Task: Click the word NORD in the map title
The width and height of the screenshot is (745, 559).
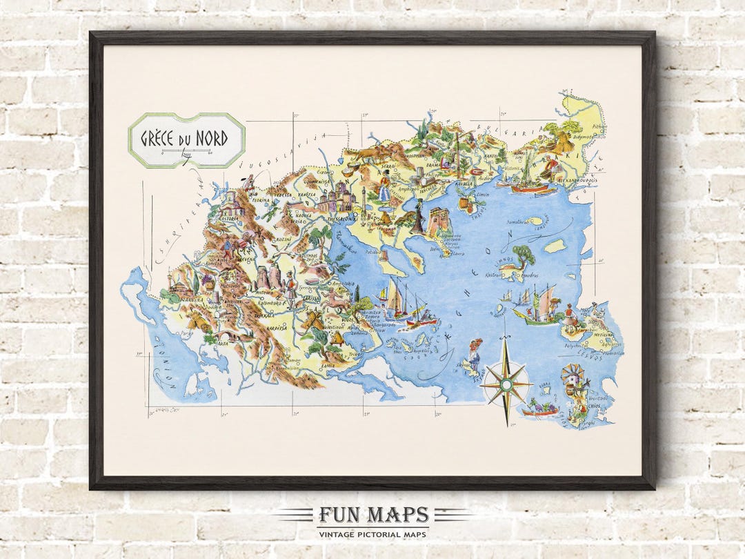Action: click(x=210, y=137)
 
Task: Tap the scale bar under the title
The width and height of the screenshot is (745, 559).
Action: click(x=186, y=153)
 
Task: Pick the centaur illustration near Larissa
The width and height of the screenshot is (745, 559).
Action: click(x=337, y=297)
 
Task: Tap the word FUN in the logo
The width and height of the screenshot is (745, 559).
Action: click(x=337, y=515)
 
